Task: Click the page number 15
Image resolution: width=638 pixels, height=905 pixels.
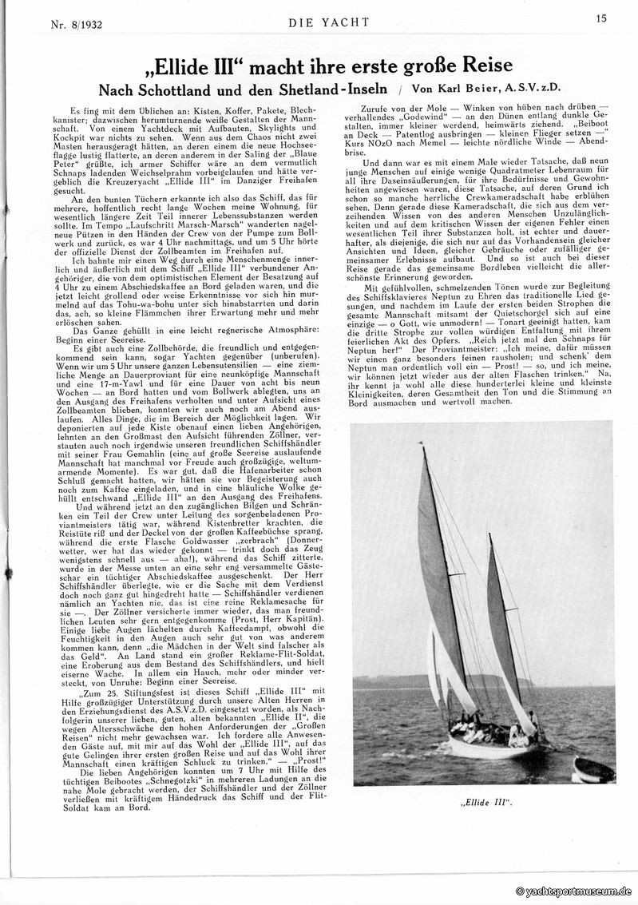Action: [x=600, y=20]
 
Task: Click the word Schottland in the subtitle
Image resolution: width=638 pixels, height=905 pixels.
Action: [x=185, y=88]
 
